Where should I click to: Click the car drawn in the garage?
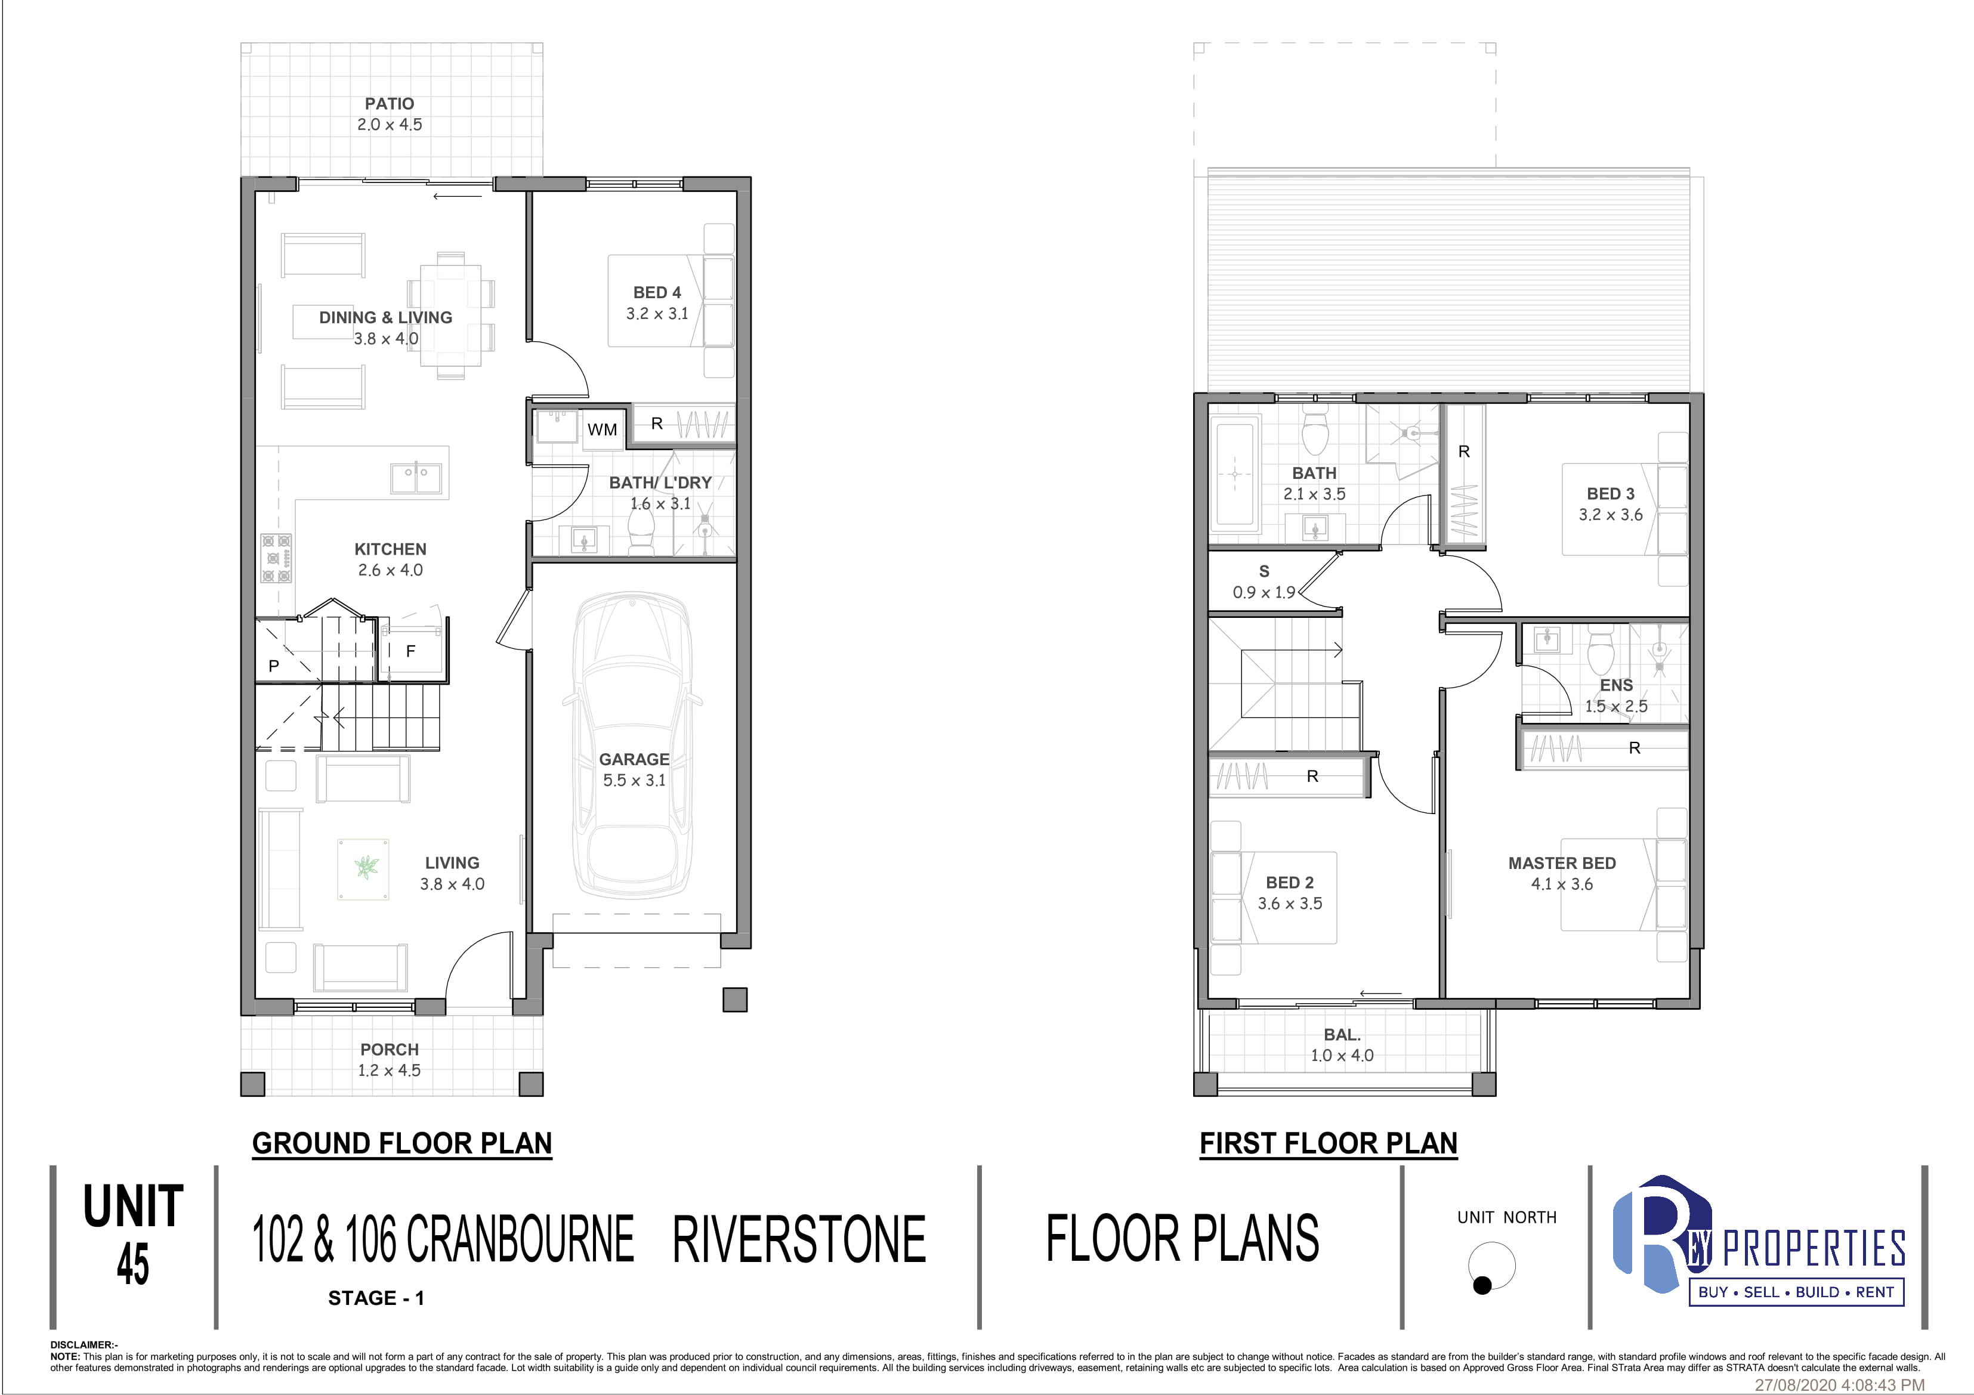click(633, 744)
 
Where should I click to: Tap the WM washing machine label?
click(602, 430)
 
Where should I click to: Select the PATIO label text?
click(390, 104)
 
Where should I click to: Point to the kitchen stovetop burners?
click(277, 558)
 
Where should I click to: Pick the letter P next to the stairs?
click(273, 666)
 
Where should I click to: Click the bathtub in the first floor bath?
click(1235, 475)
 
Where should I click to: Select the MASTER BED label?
click(1562, 863)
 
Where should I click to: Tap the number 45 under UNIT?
click(133, 1264)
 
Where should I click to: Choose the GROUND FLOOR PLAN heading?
click(401, 1143)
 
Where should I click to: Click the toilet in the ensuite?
click(1600, 651)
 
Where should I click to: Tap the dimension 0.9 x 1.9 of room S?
click(1264, 592)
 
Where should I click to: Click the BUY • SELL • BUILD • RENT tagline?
click(1796, 1292)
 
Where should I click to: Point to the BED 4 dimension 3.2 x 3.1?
click(657, 314)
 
